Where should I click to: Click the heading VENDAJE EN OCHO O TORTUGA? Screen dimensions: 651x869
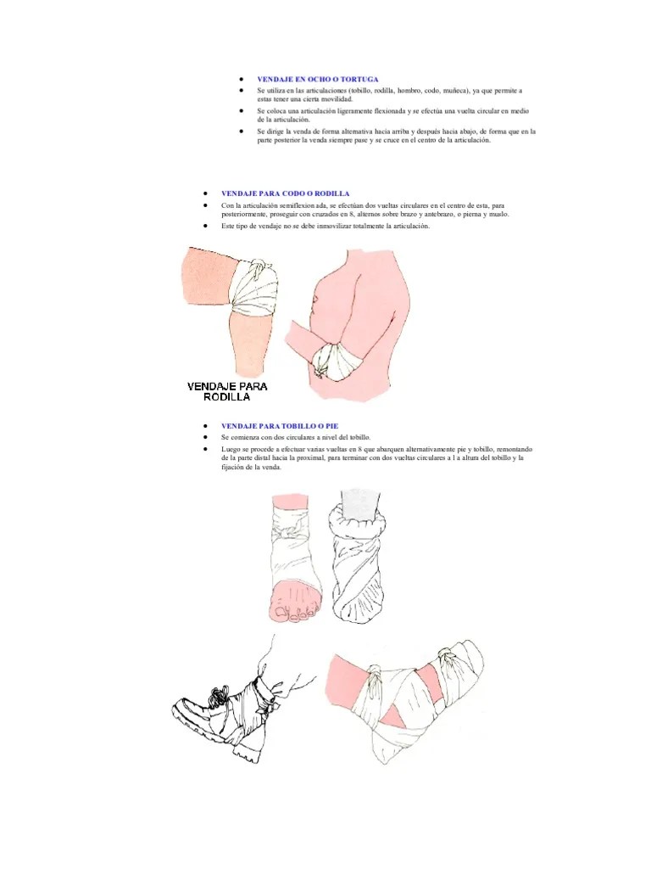[318, 79]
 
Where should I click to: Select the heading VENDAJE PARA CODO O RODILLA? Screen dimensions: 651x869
[285, 193]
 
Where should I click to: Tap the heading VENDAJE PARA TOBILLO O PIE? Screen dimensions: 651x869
[280, 426]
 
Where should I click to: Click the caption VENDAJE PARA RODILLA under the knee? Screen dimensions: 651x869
[227, 391]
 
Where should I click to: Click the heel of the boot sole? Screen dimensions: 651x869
[247, 754]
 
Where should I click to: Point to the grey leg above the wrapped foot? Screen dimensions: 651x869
[359, 506]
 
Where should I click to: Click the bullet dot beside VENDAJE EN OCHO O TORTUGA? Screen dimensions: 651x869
[242, 79]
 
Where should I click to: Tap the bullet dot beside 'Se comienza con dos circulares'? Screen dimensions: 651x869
[206, 437]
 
